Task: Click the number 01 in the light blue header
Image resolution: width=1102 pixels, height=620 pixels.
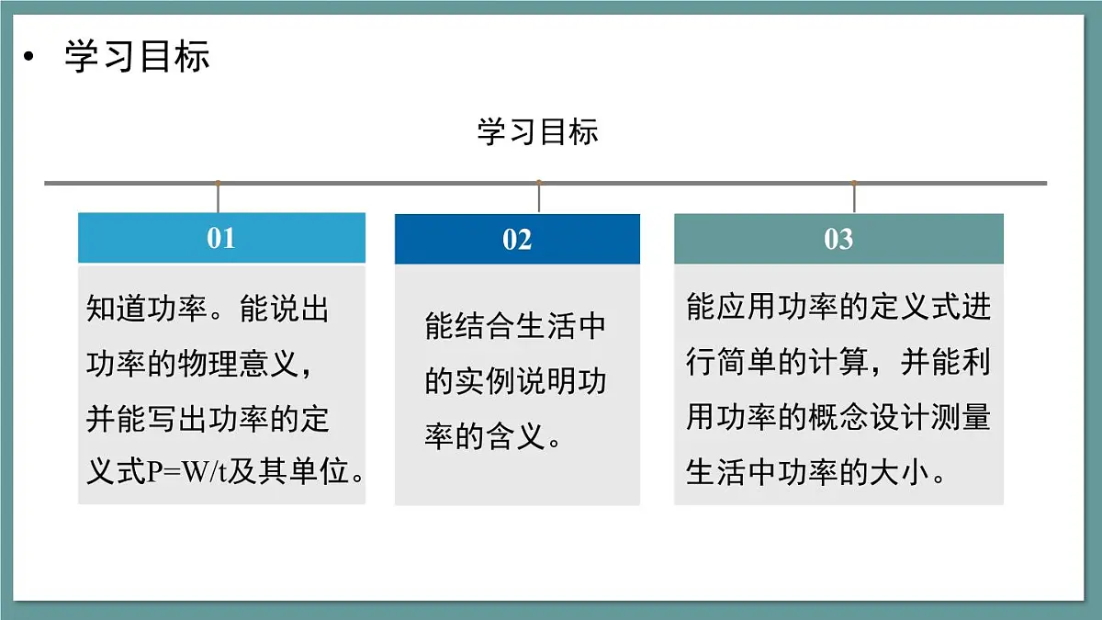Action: [220, 238]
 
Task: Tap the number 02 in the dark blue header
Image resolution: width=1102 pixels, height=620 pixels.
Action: [517, 240]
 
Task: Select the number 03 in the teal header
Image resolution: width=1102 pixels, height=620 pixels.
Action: [838, 239]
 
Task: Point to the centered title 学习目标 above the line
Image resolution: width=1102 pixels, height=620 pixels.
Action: [537, 131]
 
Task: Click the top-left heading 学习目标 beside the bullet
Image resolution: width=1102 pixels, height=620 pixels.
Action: [137, 57]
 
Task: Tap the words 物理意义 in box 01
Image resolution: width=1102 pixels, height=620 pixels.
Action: [239, 364]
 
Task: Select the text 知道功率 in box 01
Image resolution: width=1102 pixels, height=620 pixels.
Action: [146, 310]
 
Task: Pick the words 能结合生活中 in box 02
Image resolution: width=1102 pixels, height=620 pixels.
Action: [515, 326]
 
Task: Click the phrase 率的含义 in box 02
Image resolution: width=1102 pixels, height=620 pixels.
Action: [485, 436]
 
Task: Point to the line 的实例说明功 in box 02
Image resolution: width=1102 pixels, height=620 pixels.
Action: [515, 381]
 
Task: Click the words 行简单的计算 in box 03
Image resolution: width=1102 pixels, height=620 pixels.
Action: [777, 363]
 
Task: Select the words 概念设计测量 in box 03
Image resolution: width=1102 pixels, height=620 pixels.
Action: [900, 418]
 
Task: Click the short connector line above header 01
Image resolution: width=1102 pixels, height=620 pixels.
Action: [218, 197]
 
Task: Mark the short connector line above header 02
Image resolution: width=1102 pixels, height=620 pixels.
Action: [539, 197]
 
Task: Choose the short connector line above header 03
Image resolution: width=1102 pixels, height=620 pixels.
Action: [854, 197]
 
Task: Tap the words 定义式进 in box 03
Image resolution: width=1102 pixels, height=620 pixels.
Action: [931, 308]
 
